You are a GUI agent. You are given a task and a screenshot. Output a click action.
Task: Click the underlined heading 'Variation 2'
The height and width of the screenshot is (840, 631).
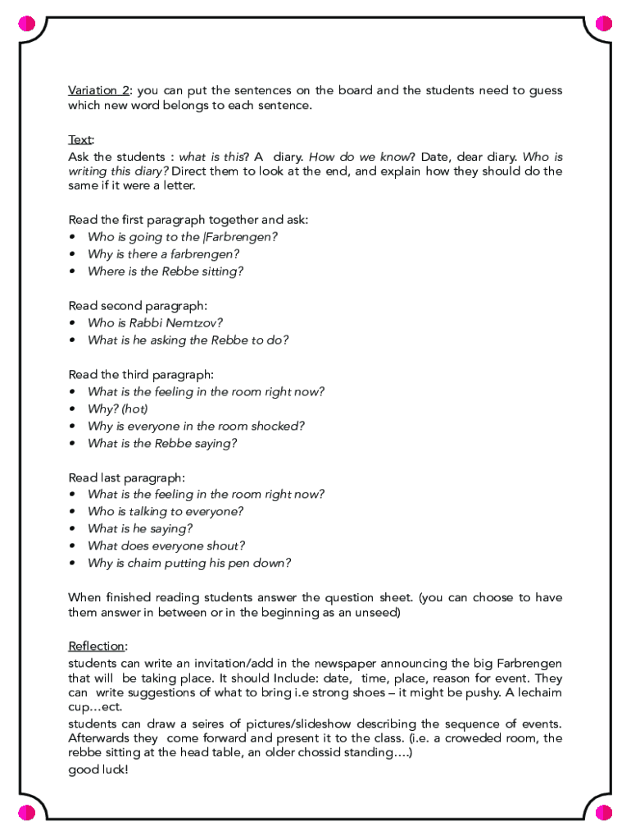click(x=99, y=90)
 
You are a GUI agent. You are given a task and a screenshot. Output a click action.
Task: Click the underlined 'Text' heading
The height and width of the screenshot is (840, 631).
click(x=80, y=139)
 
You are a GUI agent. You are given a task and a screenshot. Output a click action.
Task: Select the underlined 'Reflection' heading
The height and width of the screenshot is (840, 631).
click(x=97, y=646)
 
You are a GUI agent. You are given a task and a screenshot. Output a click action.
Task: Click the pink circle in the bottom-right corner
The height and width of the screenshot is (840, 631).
click(x=604, y=813)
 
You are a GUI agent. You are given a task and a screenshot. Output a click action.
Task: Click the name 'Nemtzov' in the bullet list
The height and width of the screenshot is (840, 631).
click(x=196, y=322)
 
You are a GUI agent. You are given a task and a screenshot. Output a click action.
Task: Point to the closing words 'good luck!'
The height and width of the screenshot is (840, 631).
click(x=98, y=770)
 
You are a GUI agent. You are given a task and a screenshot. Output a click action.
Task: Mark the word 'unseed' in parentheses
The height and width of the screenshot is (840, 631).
click(x=377, y=613)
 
